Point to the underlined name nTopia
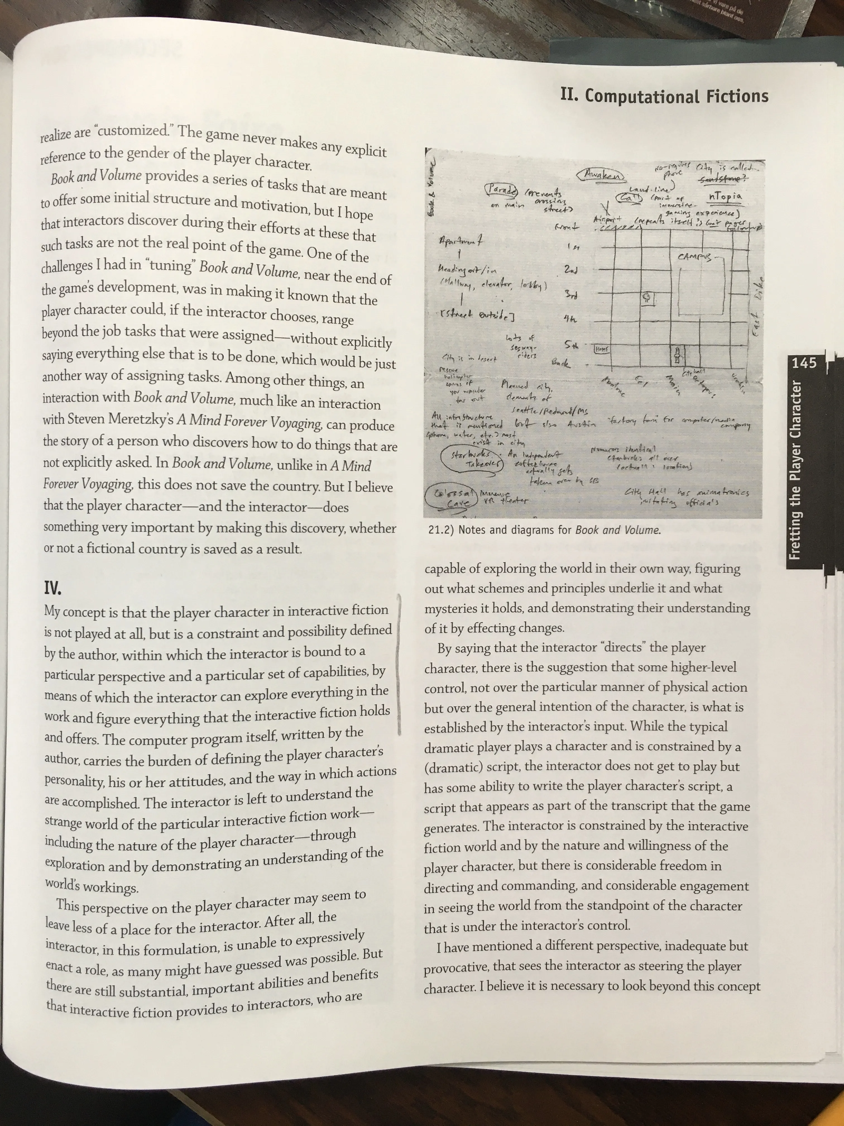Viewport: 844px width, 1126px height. pos(725,196)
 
